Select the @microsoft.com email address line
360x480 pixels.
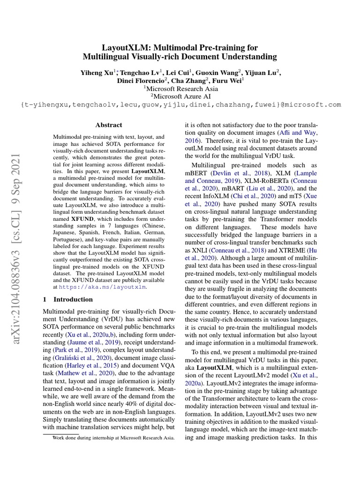(180, 105)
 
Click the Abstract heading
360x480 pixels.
(109, 125)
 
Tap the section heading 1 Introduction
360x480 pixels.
(67, 299)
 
